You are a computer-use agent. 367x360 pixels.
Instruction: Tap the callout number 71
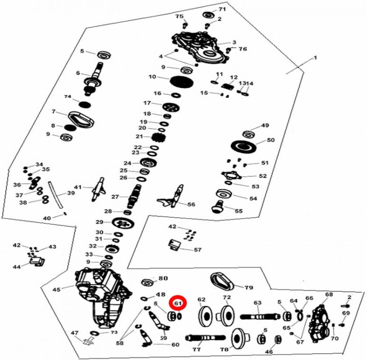222,10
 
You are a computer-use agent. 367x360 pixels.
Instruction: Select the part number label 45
56,289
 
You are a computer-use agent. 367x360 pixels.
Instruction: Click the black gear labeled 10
178,81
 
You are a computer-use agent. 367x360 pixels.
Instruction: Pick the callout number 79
248,288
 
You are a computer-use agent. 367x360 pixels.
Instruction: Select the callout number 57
197,250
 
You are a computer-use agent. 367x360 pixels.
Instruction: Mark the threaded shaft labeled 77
204,338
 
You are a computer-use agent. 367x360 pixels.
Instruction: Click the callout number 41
78,187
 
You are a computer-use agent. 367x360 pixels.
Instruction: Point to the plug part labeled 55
218,207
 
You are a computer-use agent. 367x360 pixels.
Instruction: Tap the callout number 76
243,49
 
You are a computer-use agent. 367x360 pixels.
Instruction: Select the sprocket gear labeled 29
122,223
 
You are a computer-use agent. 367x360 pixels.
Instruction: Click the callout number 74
67,97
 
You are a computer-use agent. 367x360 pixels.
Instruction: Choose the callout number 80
163,279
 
